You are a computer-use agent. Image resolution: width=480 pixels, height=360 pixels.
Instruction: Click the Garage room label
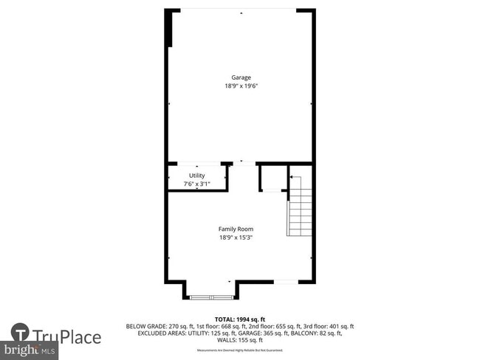240,77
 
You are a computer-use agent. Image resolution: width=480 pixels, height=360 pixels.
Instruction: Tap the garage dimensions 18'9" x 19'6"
240,86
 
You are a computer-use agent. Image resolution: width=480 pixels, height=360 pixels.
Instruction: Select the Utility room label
196,176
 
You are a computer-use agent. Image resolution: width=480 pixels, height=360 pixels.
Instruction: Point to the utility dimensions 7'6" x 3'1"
196,184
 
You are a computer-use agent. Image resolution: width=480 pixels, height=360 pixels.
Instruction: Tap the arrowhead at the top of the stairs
290,177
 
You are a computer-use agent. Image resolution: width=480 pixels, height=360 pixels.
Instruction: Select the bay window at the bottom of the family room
211,297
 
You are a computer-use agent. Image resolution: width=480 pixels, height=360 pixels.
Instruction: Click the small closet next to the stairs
272,179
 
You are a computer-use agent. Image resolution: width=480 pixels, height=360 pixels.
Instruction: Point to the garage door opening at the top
240,10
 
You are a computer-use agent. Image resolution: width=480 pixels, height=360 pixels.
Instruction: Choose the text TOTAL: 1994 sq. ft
240,319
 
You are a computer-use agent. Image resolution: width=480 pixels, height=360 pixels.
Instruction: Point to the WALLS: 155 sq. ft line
240,341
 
